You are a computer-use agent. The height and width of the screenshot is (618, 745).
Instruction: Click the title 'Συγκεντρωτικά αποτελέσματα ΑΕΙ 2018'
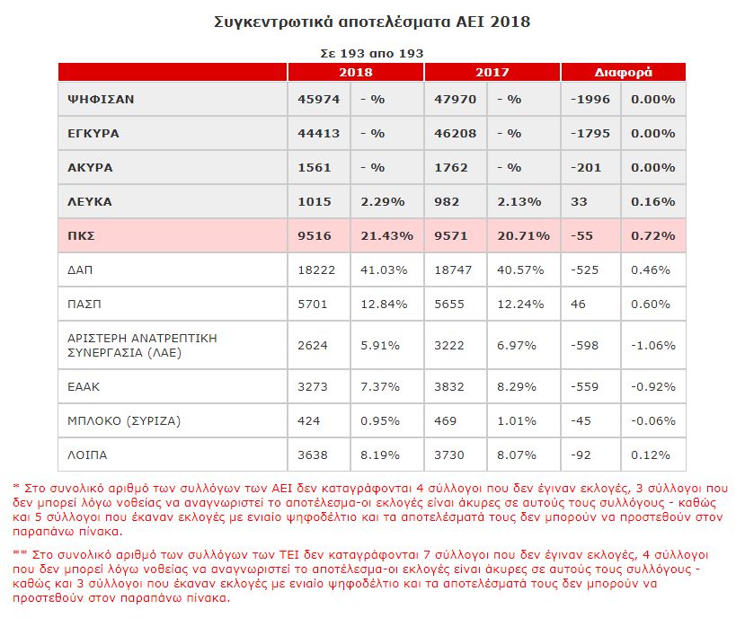372,22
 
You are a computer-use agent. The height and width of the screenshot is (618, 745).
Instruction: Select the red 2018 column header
355,72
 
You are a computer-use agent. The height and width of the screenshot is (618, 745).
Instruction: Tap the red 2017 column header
492,72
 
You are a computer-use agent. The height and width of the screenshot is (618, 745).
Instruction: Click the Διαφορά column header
624,72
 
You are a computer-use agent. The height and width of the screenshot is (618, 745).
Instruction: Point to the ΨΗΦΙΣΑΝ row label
101,100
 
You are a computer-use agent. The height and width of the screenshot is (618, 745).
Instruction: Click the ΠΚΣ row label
81,236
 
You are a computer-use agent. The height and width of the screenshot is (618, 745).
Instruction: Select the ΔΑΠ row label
80,270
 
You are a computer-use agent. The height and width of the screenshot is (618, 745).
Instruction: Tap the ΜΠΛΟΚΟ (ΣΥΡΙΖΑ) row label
124,421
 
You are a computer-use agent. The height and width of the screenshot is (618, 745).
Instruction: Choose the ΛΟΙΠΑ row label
87,455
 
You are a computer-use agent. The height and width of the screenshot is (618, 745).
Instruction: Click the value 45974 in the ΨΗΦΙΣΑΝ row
319,100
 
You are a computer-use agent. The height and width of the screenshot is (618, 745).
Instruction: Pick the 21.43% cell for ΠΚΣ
386,236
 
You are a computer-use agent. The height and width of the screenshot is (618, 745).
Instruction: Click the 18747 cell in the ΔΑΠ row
453,270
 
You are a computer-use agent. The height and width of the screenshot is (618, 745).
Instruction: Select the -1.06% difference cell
653,346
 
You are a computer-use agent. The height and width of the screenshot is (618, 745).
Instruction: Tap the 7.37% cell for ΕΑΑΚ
380,387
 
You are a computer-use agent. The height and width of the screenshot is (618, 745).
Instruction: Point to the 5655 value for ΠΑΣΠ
449,305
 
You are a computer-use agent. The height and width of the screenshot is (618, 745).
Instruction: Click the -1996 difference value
590,100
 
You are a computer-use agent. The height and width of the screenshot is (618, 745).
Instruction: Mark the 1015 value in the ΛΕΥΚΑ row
315,202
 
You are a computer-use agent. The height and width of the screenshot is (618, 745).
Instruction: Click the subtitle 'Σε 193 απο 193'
372,54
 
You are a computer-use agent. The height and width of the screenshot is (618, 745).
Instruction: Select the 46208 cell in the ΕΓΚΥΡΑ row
455,134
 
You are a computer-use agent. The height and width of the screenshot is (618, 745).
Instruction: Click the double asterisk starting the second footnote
20,554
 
